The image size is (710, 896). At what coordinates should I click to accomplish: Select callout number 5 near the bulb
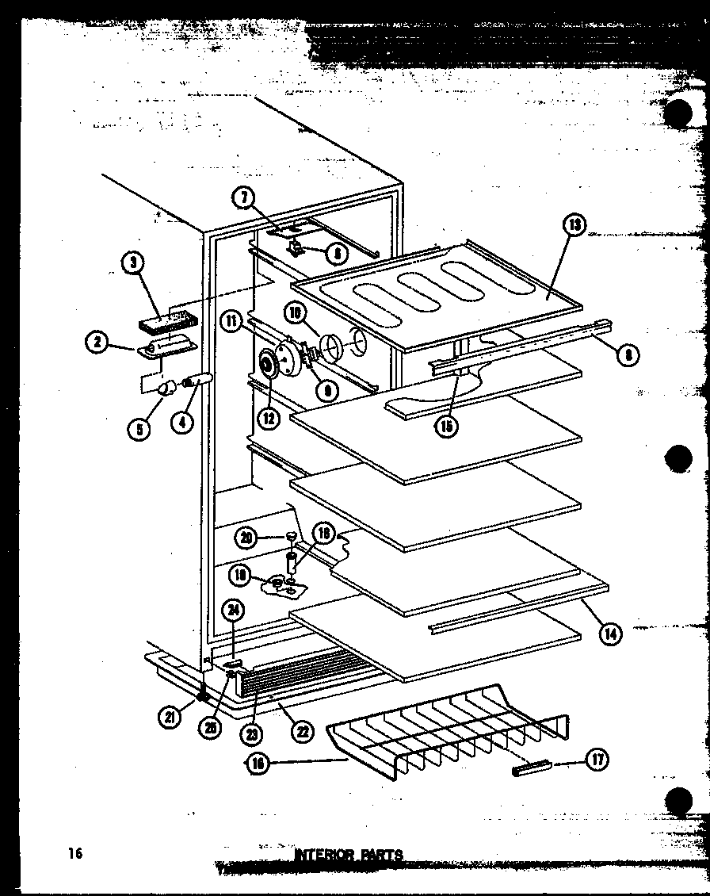coord(139,429)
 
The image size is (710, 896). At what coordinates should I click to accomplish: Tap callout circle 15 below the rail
coord(447,426)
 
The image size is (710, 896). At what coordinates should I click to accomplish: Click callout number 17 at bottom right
coord(597,760)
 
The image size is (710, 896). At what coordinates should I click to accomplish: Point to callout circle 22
coord(302,731)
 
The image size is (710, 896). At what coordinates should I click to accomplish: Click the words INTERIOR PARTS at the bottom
coord(349,856)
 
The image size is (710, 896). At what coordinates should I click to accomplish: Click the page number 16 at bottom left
coord(75,853)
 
